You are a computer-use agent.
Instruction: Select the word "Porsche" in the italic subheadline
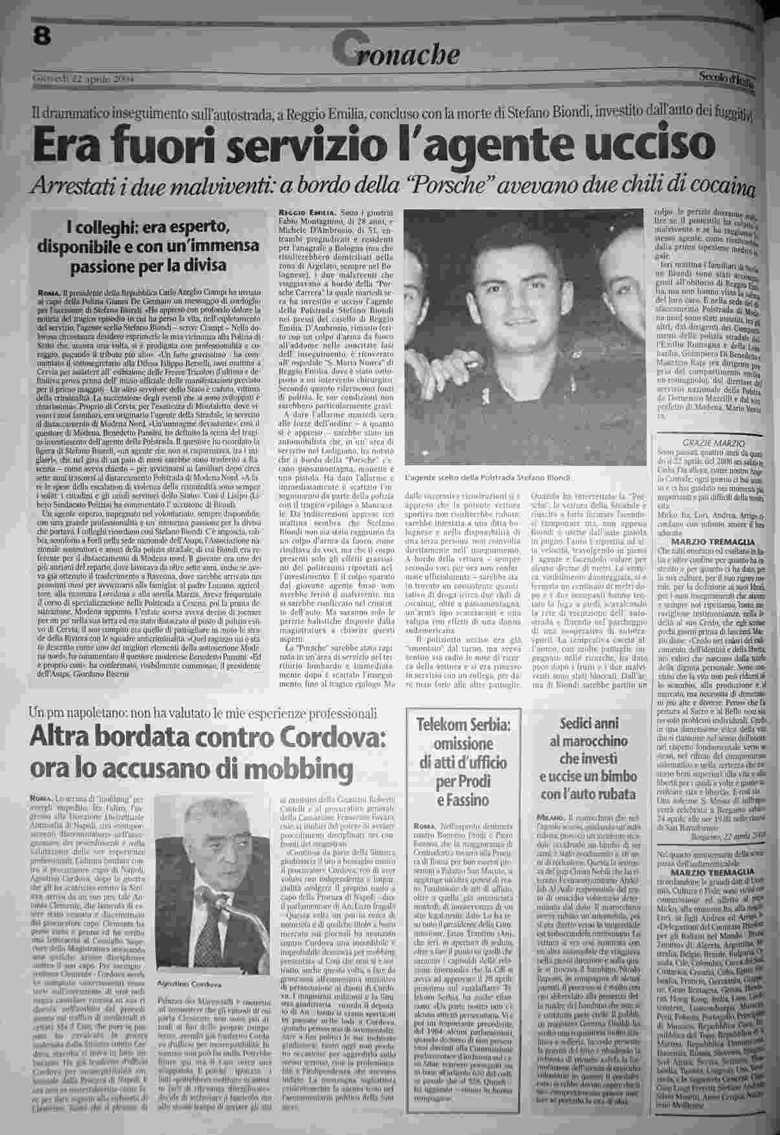[x=478, y=188]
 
